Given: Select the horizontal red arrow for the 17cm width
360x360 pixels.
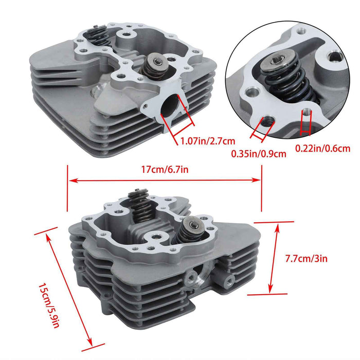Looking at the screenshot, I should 165,180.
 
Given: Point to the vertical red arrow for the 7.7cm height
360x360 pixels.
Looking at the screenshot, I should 271,258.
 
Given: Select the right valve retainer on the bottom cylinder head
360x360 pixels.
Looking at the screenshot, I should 193,224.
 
